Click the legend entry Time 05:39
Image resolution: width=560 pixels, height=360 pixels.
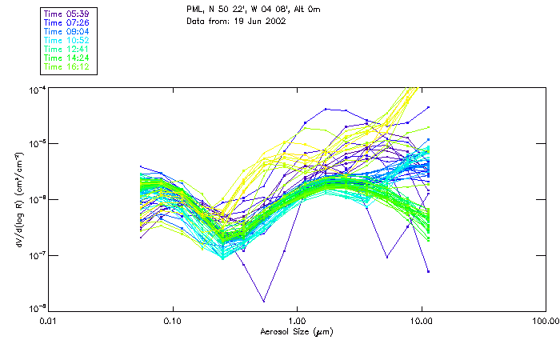67,14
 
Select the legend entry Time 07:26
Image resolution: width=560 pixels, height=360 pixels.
67,22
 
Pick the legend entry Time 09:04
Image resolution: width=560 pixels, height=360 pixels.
67,31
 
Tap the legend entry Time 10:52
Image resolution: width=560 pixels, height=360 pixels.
67,40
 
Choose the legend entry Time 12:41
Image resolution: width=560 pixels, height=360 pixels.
67,49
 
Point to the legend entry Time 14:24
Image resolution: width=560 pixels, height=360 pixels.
67,58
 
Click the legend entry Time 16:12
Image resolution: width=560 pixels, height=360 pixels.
67,66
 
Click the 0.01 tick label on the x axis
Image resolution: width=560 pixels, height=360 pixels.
49,321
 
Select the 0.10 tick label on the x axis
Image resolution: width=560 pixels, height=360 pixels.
173,321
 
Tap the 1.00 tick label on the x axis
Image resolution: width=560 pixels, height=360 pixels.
298,321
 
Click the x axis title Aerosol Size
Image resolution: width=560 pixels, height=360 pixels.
297,331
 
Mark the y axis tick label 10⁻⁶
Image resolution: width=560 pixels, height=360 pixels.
38,198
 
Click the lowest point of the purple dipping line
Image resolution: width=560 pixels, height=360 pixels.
263,301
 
